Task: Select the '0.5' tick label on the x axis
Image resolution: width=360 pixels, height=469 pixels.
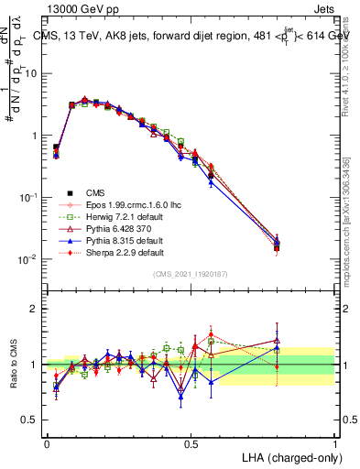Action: click(x=191, y=443)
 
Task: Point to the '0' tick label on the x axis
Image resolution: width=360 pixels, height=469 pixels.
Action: click(x=47, y=443)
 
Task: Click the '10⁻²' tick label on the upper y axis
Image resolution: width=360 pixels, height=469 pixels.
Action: click(x=28, y=259)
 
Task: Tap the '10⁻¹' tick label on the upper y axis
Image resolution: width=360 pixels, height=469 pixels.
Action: click(x=28, y=197)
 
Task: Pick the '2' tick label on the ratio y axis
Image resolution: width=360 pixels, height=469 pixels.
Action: click(x=35, y=309)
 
